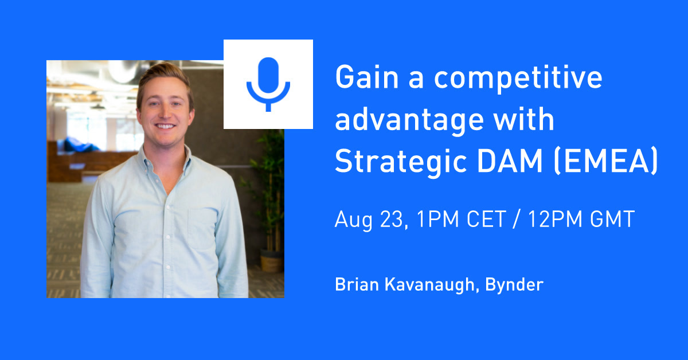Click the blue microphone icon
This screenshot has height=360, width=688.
pos(268,84)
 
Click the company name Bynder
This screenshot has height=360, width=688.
pos(514,285)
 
